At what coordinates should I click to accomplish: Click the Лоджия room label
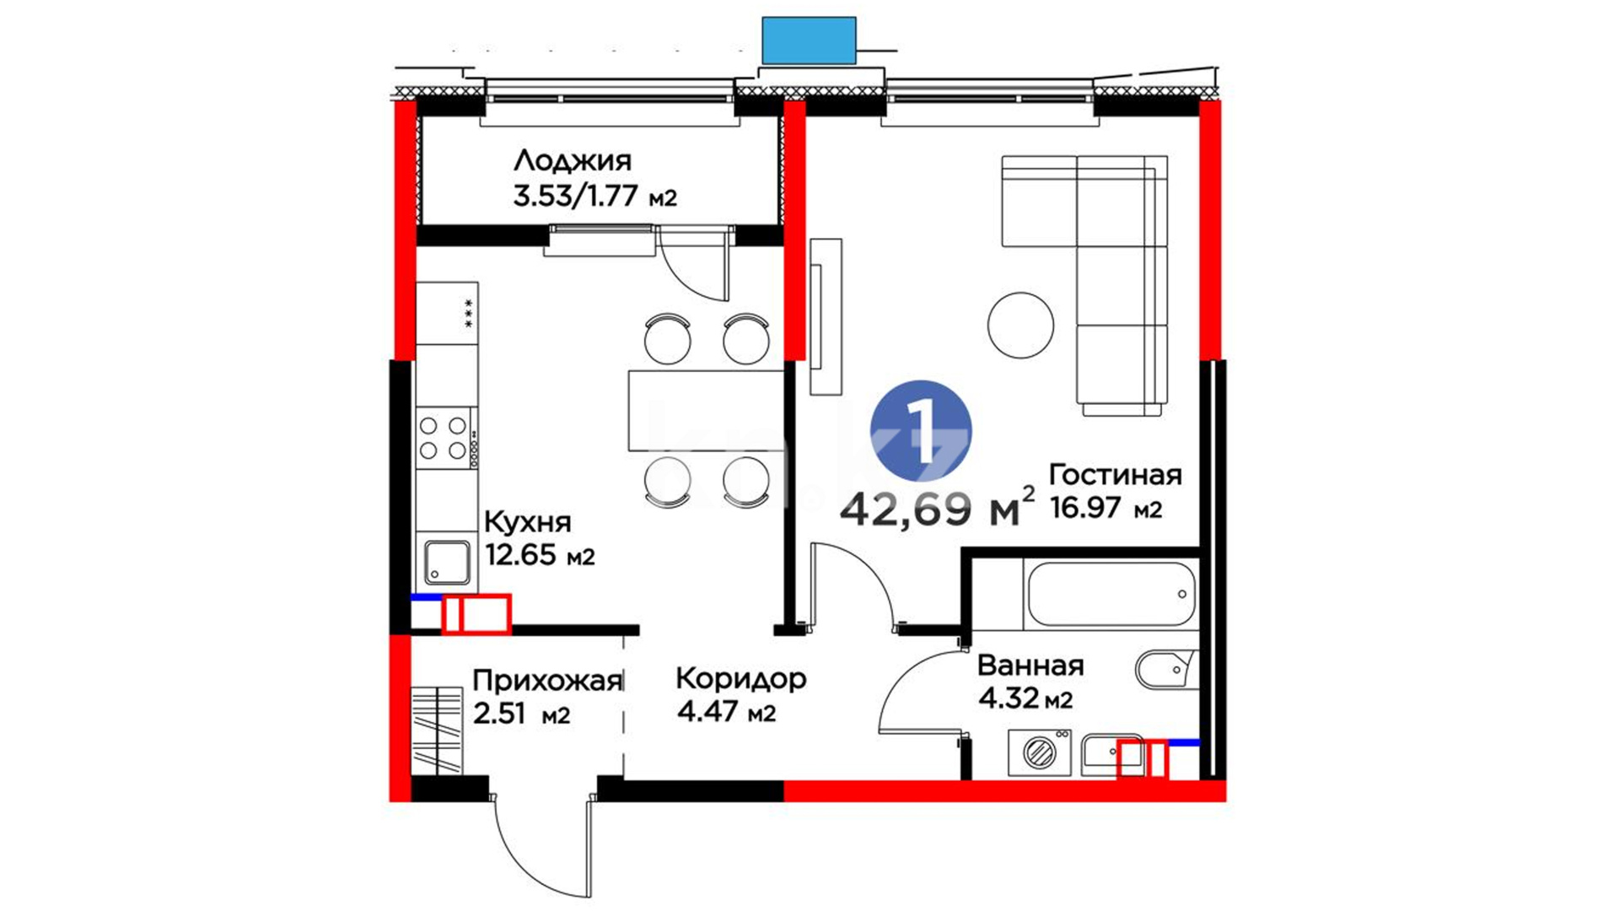[x=572, y=160]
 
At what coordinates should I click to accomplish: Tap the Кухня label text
[x=528, y=523]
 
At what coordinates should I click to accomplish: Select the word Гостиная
[x=1115, y=475]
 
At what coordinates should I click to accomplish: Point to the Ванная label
[x=1030, y=666]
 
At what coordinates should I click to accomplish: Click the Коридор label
[x=741, y=679]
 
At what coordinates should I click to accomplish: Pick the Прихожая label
[x=547, y=681]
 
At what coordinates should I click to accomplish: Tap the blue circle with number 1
[x=921, y=430]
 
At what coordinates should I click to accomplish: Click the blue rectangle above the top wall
[x=809, y=40]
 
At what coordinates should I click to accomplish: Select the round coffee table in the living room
[x=1020, y=325]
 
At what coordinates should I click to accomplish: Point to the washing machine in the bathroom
[x=1040, y=752]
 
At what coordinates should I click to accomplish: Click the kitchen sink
[x=447, y=563]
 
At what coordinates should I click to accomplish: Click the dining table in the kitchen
[x=707, y=411]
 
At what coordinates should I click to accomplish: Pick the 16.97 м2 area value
[x=1106, y=509]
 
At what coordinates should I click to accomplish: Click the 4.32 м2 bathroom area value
[x=1025, y=699]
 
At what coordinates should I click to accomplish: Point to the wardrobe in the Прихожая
[x=437, y=730]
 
